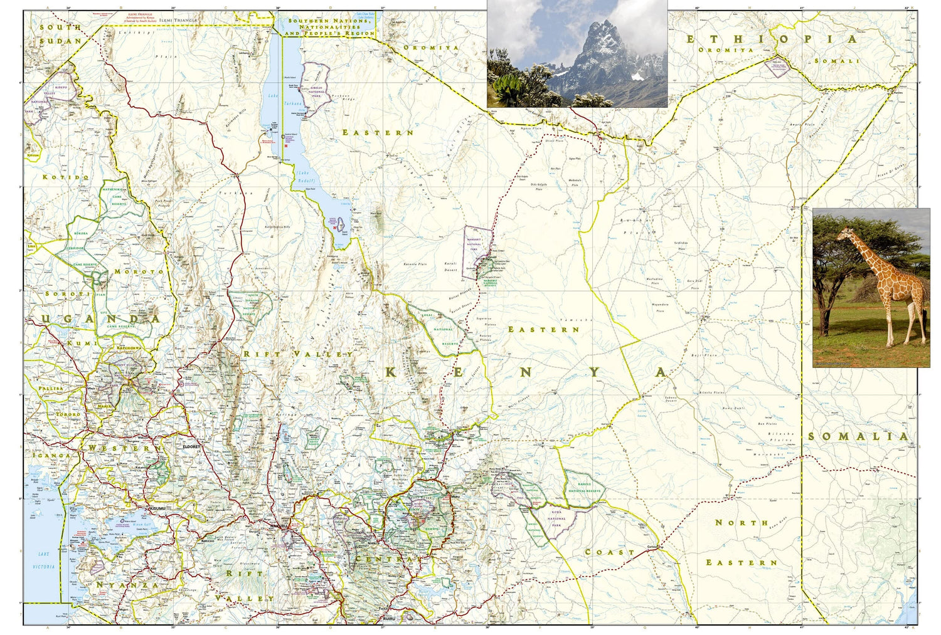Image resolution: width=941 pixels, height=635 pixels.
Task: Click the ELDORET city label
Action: click(191, 447)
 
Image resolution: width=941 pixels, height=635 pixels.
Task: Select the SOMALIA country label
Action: click(858, 436)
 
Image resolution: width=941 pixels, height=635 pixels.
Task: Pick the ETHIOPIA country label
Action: click(771, 39)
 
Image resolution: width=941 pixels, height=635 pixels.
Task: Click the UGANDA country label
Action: click(100, 319)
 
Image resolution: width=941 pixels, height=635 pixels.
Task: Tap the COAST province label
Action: click(609, 552)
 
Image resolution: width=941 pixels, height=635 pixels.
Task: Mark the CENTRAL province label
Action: click(385, 559)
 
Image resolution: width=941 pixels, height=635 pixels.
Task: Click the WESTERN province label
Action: click(119, 448)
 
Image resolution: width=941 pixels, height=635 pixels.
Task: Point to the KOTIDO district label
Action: click(66, 177)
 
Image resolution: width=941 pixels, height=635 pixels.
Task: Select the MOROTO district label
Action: click(139, 271)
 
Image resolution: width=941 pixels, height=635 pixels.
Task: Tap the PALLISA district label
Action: click(51, 389)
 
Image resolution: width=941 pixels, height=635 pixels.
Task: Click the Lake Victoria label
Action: click(43, 560)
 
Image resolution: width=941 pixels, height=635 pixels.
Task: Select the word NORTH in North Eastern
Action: click(742, 522)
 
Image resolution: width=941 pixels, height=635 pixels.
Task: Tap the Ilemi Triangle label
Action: click(178, 20)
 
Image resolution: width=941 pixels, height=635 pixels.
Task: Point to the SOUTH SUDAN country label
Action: click(61, 34)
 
